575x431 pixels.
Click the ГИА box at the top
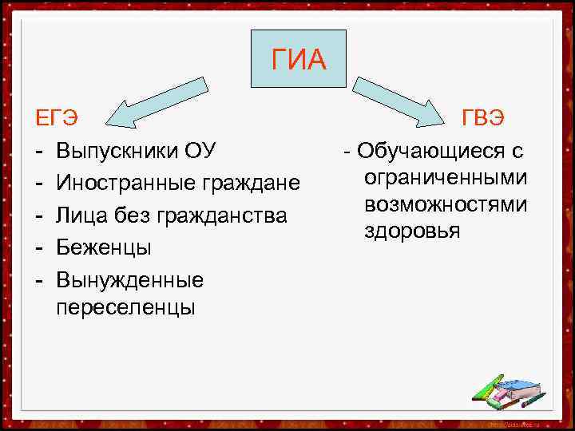pyautogui.click(x=299, y=59)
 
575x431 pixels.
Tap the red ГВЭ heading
pyautogui.click(x=482, y=118)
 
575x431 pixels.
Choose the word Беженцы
pyautogui.click(x=104, y=248)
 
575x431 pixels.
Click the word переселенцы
pyautogui.click(x=125, y=307)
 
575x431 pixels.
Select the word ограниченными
pyautogui.click(x=445, y=177)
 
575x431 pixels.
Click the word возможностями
pyautogui.click(x=445, y=204)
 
